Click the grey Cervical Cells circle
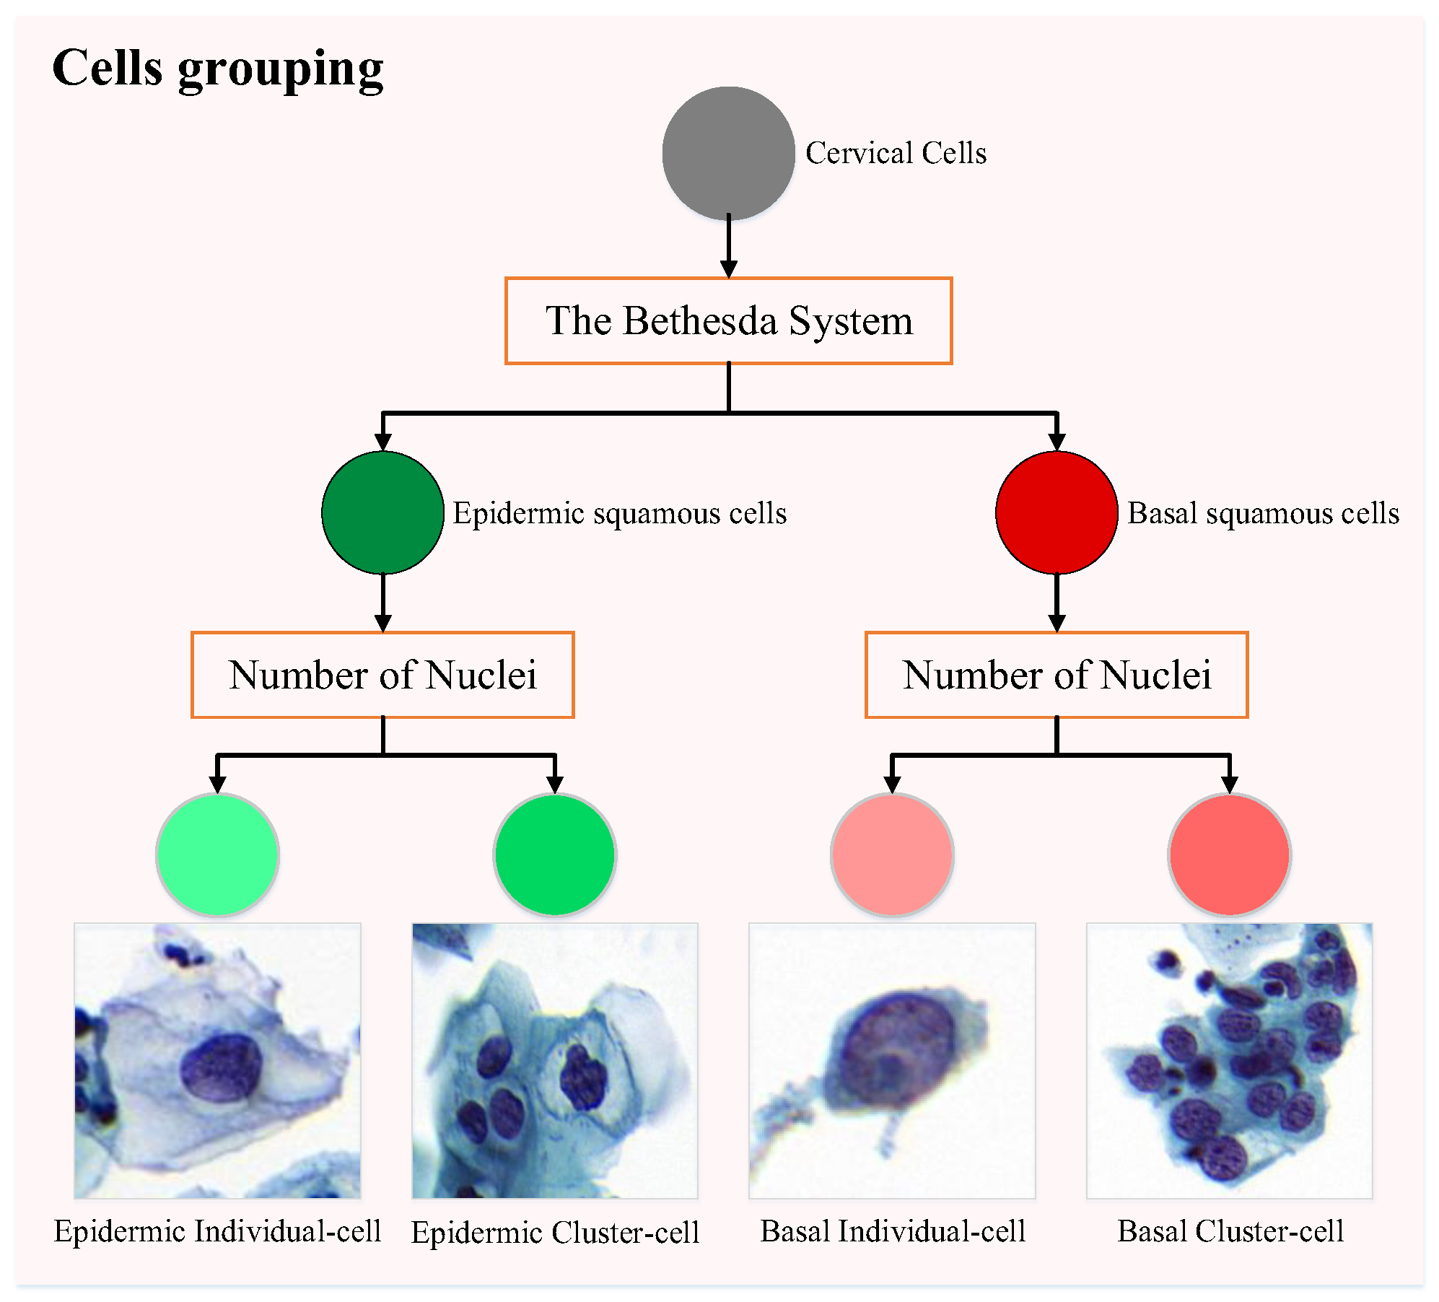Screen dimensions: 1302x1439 coord(728,153)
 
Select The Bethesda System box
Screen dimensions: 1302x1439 coord(728,320)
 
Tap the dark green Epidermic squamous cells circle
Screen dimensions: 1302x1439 coord(382,512)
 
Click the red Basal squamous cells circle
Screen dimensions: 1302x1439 coord(1057,512)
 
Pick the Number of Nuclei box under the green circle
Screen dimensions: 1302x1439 coord(382,675)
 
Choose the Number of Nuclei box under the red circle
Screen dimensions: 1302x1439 coord(1057,675)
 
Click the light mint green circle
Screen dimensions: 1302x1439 coord(217,855)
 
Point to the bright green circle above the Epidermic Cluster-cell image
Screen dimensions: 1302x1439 coord(554,855)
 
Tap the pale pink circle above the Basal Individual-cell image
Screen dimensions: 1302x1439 coord(892,855)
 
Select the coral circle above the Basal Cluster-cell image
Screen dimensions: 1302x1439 coord(1229,855)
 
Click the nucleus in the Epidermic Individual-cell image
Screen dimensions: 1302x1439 coord(220,1068)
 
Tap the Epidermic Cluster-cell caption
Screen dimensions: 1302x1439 coord(554,1232)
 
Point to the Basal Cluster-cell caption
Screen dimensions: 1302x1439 coord(1230,1231)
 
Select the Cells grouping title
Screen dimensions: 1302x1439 coord(217,69)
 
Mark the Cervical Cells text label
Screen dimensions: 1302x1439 coord(896,153)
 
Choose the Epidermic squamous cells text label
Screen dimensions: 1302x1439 coord(619,513)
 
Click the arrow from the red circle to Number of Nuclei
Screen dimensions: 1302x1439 coord(1057,603)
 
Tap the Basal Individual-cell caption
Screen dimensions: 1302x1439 coord(893,1231)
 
